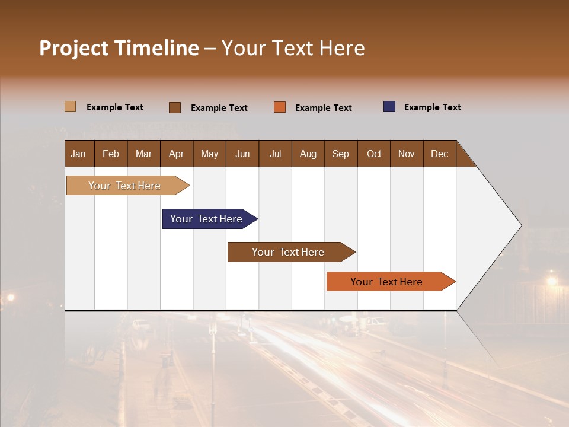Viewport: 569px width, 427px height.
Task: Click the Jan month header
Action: tap(78, 154)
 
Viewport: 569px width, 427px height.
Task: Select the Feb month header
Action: tap(111, 154)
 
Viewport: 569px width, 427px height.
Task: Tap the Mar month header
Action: tap(143, 154)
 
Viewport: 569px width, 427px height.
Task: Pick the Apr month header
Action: tap(177, 154)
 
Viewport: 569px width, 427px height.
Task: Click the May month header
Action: tap(209, 154)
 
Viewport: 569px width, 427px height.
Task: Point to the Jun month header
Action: tap(242, 154)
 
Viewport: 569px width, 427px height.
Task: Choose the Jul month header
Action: tap(275, 154)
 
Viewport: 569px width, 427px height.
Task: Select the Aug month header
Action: tap(308, 154)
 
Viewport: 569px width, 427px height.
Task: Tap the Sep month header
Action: tap(341, 154)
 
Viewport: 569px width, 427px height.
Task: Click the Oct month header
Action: tap(374, 154)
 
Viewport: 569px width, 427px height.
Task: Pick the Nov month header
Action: tap(407, 154)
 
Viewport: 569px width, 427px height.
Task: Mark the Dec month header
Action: tap(440, 154)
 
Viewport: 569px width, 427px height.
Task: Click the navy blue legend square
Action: tap(389, 107)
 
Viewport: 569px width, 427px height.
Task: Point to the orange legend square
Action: tap(280, 107)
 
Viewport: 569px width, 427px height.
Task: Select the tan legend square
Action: tap(70, 107)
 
